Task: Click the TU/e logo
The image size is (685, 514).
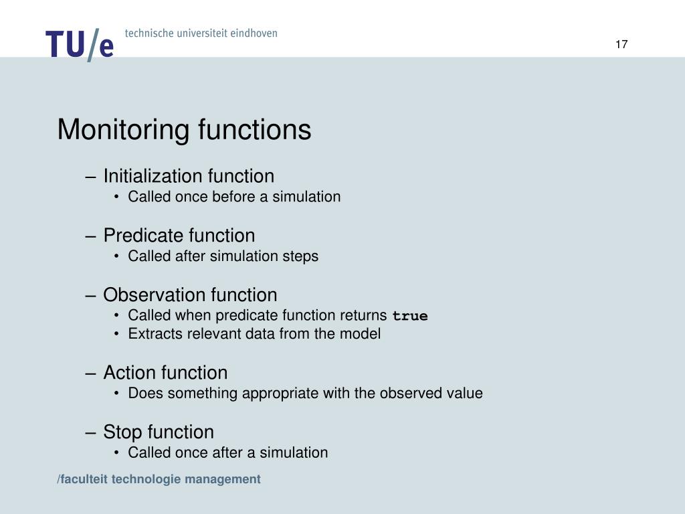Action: [x=80, y=44]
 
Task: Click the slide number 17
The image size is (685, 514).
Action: [x=621, y=45]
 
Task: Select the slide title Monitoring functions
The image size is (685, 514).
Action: [x=184, y=130]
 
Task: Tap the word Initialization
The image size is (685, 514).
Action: [x=153, y=176]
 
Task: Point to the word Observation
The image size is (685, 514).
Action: [x=155, y=295]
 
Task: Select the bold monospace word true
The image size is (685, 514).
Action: [x=410, y=316]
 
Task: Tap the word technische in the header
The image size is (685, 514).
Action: [x=148, y=33]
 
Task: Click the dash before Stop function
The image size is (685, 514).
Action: [x=92, y=432]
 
